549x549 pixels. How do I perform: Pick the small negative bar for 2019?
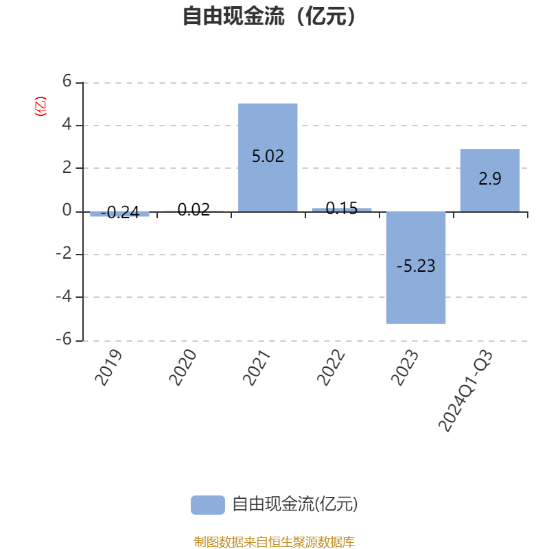(x=119, y=214)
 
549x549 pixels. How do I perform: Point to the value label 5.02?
(x=268, y=156)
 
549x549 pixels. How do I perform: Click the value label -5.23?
(x=416, y=266)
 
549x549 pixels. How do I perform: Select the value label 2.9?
(x=489, y=179)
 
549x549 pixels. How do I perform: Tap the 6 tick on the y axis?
(x=67, y=81)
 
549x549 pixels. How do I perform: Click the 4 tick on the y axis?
(x=67, y=124)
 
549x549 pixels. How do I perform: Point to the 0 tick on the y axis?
(x=67, y=210)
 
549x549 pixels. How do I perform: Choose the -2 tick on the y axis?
(x=63, y=253)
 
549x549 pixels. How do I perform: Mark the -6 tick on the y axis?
(x=63, y=339)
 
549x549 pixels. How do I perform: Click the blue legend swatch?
(x=207, y=504)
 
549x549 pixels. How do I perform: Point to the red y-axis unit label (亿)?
(x=40, y=106)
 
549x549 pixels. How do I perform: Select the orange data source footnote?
(x=274, y=542)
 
